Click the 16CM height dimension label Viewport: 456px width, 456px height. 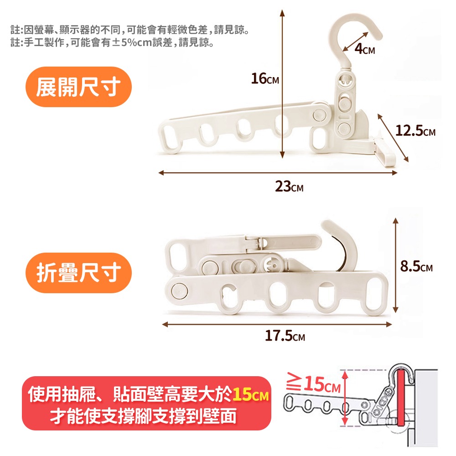pyautogui.click(x=265, y=79)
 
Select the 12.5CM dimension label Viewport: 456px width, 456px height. pyautogui.click(x=415, y=132)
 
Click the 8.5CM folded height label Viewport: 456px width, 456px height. pyautogui.click(x=416, y=267)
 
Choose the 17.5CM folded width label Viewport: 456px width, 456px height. pyautogui.click(x=285, y=337)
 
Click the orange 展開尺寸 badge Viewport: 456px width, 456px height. pyautogui.click(x=78, y=87)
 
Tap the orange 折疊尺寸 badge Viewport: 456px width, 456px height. pyautogui.click(x=78, y=273)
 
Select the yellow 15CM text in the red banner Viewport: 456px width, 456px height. pyautogui.click(x=250, y=394)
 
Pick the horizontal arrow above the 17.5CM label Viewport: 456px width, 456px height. pyautogui.click(x=277, y=324)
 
